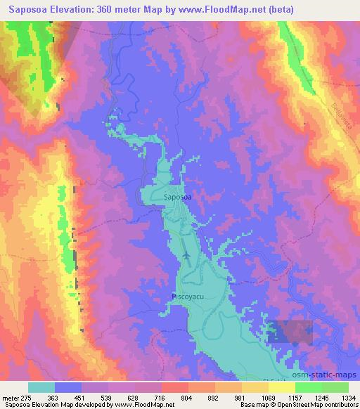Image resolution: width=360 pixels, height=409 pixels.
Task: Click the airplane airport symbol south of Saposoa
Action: point(186,255)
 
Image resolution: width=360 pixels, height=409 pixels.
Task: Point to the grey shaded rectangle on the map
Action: point(290,332)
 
